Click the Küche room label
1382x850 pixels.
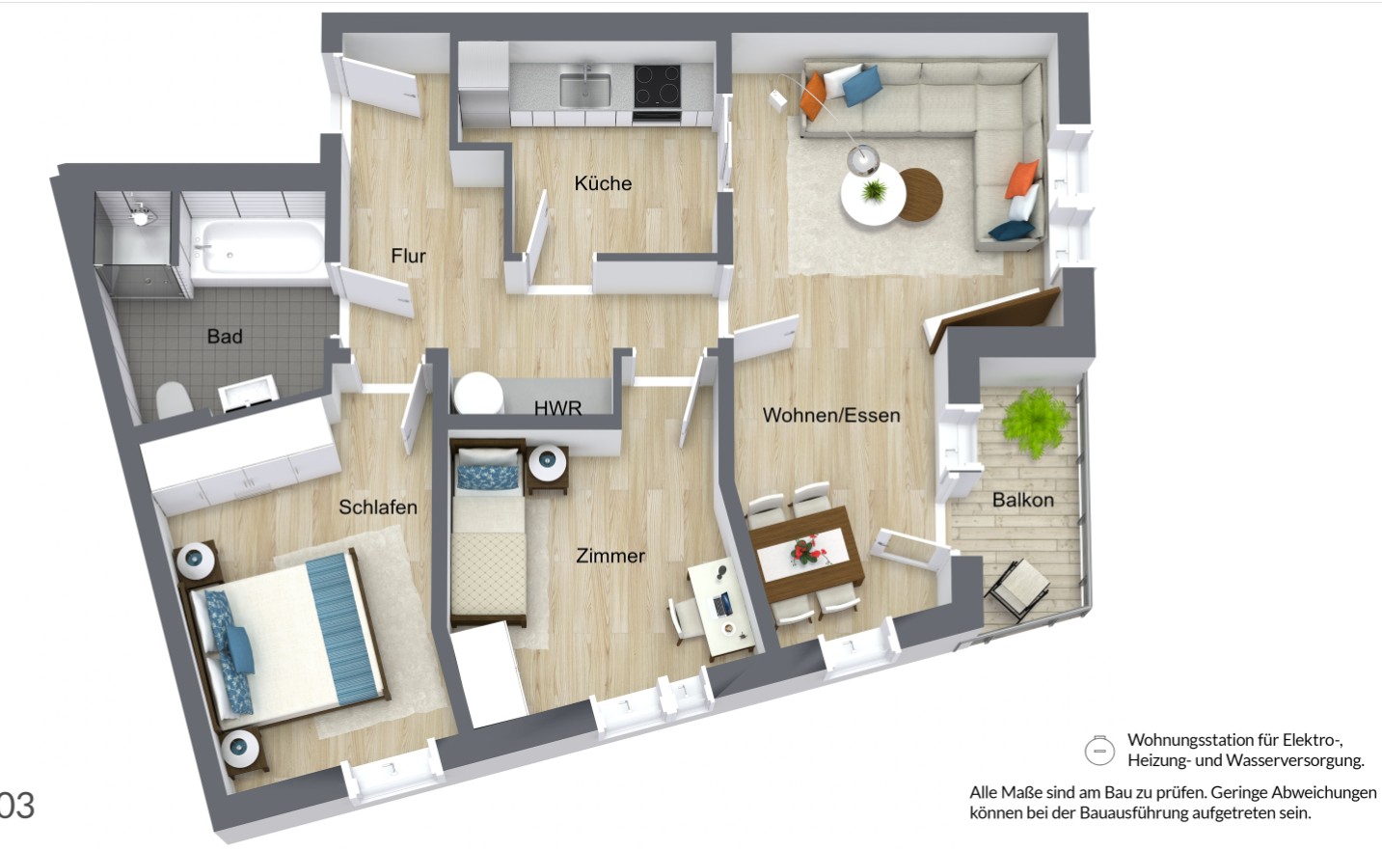click(x=603, y=183)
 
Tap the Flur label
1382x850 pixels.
click(x=408, y=256)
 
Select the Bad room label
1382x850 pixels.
click(x=225, y=337)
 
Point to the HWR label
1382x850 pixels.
click(x=557, y=408)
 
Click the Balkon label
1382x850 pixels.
click(x=1022, y=500)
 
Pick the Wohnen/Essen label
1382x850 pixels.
click(x=831, y=416)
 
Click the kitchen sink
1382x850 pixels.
click(x=585, y=89)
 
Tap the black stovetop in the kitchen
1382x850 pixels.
click(x=657, y=85)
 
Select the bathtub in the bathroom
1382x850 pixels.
click(x=257, y=246)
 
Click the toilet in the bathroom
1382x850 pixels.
click(x=173, y=398)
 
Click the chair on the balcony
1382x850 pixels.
click(x=1018, y=587)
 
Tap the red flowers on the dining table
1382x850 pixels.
click(x=805, y=551)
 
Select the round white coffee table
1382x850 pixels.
click(x=871, y=197)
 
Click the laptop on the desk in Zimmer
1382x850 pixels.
click(x=721, y=606)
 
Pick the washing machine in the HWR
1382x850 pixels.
click(x=478, y=394)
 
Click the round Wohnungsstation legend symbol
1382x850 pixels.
click(x=1099, y=750)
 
